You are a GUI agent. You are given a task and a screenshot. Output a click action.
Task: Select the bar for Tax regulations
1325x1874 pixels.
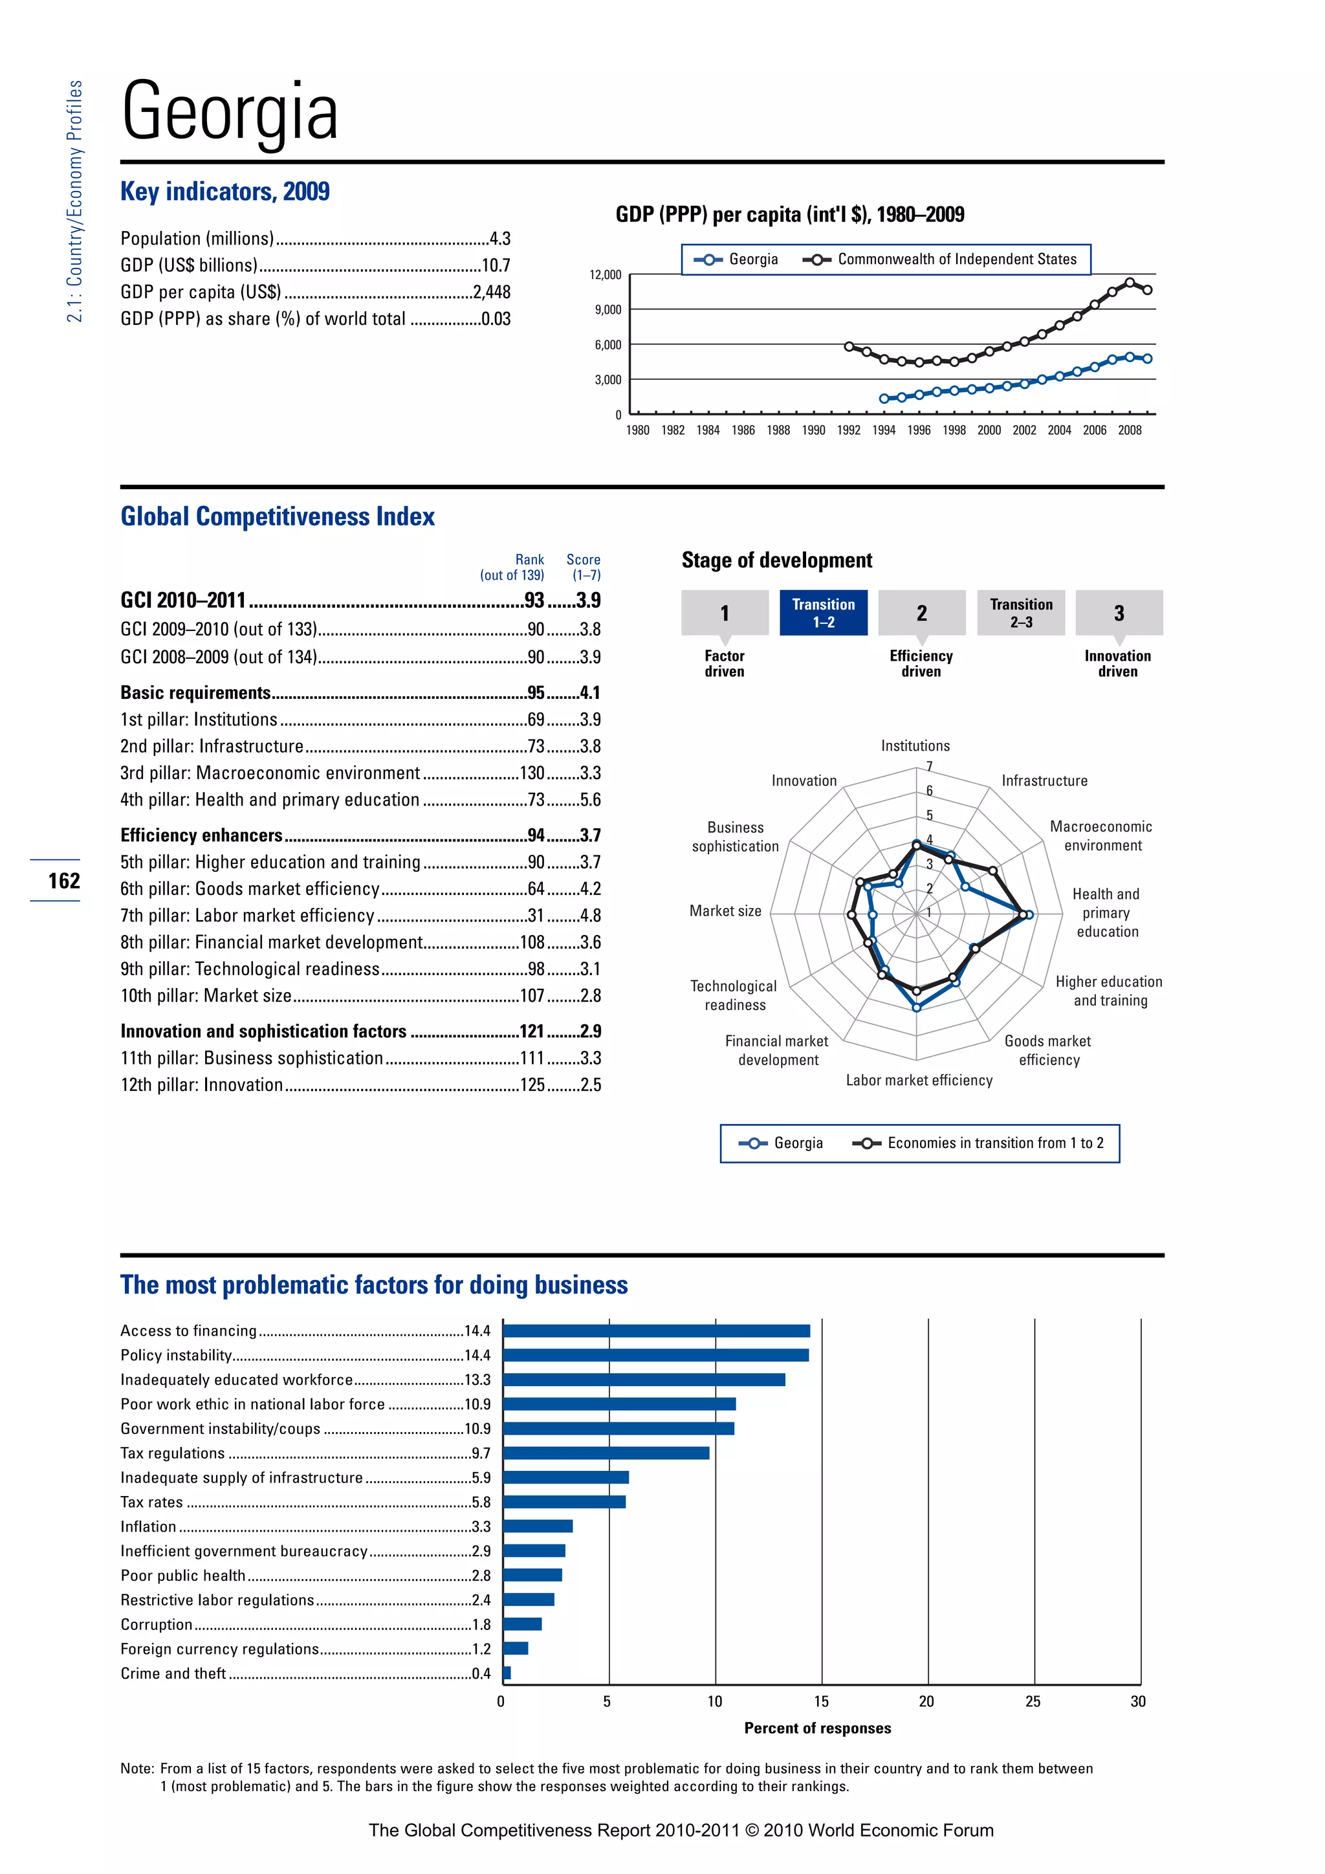point(606,1453)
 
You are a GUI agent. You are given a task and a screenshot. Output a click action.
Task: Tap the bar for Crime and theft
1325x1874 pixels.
point(507,1673)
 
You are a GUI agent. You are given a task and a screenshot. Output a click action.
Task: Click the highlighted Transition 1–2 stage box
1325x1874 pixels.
point(822,613)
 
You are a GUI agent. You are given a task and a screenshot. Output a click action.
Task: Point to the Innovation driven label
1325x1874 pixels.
point(1117,663)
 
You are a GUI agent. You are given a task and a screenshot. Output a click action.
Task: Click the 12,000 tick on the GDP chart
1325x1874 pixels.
point(606,275)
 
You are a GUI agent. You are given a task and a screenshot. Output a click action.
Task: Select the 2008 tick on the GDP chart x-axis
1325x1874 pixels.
point(1129,430)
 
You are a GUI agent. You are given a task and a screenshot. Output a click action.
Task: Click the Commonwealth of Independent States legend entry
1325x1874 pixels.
point(956,259)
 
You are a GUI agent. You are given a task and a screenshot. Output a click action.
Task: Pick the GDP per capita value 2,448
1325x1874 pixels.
point(491,292)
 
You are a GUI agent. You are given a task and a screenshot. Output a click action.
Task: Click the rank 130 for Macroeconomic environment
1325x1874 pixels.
point(532,773)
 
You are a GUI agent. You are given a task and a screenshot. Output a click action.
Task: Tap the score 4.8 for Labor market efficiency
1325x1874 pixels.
point(590,916)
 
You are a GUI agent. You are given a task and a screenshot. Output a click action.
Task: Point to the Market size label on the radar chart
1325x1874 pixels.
point(725,911)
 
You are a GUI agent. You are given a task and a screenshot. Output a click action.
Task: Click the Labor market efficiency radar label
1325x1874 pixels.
point(919,1080)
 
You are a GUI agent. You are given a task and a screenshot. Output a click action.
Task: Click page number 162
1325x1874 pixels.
point(63,881)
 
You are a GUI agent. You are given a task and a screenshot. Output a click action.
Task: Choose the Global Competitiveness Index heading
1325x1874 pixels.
point(278,516)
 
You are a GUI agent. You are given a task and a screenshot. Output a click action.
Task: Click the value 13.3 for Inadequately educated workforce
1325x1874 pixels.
point(477,1380)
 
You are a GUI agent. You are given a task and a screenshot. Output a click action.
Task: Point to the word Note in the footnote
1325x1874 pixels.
point(137,1769)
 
